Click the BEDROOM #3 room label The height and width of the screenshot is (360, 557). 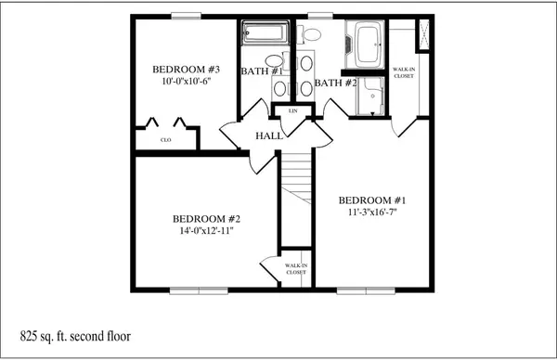tap(187, 70)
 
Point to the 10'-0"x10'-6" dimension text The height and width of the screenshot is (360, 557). tap(187, 82)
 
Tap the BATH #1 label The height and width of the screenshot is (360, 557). tap(262, 71)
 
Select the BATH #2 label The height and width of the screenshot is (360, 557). tap(336, 83)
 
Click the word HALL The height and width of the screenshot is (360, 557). tap(269, 135)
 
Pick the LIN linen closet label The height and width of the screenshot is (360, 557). tap(293, 111)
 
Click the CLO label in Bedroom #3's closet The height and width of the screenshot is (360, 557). tap(166, 140)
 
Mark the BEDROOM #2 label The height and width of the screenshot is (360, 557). tap(206, 219)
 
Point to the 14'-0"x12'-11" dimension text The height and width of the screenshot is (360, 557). tap(206, 231)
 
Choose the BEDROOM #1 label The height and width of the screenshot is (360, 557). tap(372, 200)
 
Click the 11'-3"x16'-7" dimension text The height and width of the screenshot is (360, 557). tap(372, 212)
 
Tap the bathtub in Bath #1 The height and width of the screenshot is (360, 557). tap(265, 32)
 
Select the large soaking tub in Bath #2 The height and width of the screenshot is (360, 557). tap(365, 45)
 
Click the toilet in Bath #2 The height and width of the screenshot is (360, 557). tap(309, 34)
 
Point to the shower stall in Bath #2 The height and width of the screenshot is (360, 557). tap(370, 96)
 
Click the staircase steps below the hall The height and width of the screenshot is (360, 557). tap(297, 178)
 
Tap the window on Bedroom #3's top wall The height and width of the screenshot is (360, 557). tap(187, 16)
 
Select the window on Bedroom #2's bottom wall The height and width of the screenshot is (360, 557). tap(199, 290)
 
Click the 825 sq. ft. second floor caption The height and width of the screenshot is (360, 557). tap(75, 336)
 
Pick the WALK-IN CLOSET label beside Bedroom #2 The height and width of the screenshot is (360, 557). tap(296, 269)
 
